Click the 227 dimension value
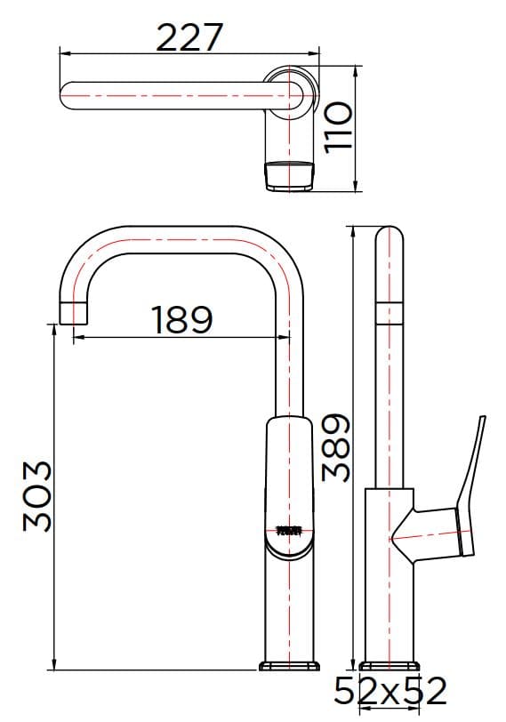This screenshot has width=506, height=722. click(x=189, y=36)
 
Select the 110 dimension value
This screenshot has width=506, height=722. click(x=339, y=126)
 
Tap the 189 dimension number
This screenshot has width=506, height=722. click(x=181, y=319)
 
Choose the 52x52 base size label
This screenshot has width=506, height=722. click(x=390, y=690)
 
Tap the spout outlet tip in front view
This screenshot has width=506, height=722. click(x=74, y=313)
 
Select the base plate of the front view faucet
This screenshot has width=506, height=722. click(x=290, y=665)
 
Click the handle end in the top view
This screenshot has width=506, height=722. click(x=290, y=175)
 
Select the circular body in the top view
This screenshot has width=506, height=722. click(x=293, y=92)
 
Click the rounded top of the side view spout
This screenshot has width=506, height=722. click(x=390, y=238)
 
